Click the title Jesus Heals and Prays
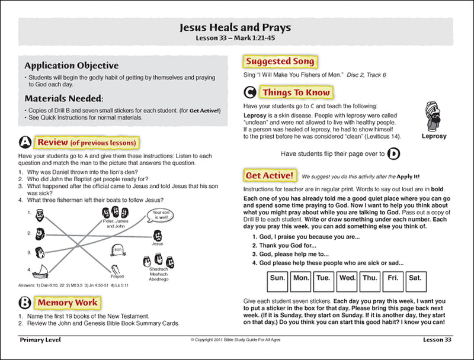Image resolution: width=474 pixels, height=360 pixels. tap(235, 27)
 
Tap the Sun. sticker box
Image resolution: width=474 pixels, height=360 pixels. tap(278, 278)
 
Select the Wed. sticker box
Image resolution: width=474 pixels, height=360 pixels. tap(347, 278)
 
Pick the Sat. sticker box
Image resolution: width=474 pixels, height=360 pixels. tap(415, 278)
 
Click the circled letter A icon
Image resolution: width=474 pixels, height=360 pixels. tap(25, 143)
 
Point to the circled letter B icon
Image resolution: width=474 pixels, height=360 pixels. tap(25, 303)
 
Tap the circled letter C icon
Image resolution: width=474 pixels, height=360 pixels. tap(250, 93)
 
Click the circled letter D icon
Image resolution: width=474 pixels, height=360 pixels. tap(394, 155)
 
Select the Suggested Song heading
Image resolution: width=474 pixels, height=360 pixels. tap(280, 62)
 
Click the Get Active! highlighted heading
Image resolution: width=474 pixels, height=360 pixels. tap(270, 175)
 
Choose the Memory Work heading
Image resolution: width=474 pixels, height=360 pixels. tap(68, 303)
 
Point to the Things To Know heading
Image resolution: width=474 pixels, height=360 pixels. tap(296, 93)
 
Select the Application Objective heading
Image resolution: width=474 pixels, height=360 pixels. tap(72, 66)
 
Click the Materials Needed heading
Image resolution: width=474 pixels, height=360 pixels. tap(64, 98)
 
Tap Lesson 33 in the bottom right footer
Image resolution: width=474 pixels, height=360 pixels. tap(437, 340)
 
